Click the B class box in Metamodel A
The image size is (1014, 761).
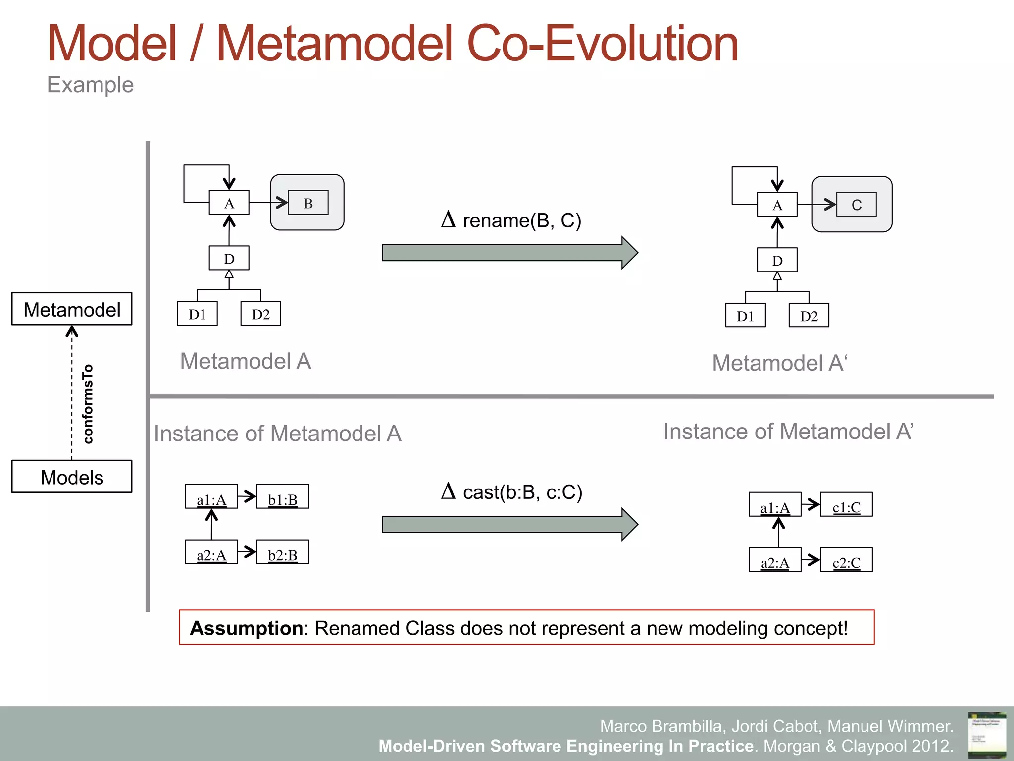tap(308, 203)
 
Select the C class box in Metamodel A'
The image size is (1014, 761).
tap(856, 205)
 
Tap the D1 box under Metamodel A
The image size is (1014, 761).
tap(197, 314)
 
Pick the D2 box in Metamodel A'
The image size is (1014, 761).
tap(809, 316)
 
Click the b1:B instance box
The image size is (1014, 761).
tap(283, 497)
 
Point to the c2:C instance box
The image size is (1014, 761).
tap(846, 560)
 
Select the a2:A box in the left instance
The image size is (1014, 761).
tap(211, 552)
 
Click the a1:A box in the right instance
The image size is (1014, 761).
tap(775, 505)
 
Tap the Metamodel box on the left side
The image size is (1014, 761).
tap(72, 309)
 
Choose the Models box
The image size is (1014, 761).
tap(72, 477)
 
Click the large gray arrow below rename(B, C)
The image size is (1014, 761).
tap(509, 253)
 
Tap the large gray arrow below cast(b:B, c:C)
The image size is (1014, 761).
tap(509, 524)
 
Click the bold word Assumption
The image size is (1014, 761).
tap(246, 628)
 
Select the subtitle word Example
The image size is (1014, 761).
tap(90, 85)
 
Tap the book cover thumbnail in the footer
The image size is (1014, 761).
tap(987, 735)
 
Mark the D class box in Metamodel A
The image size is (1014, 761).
tap(229, 258)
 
